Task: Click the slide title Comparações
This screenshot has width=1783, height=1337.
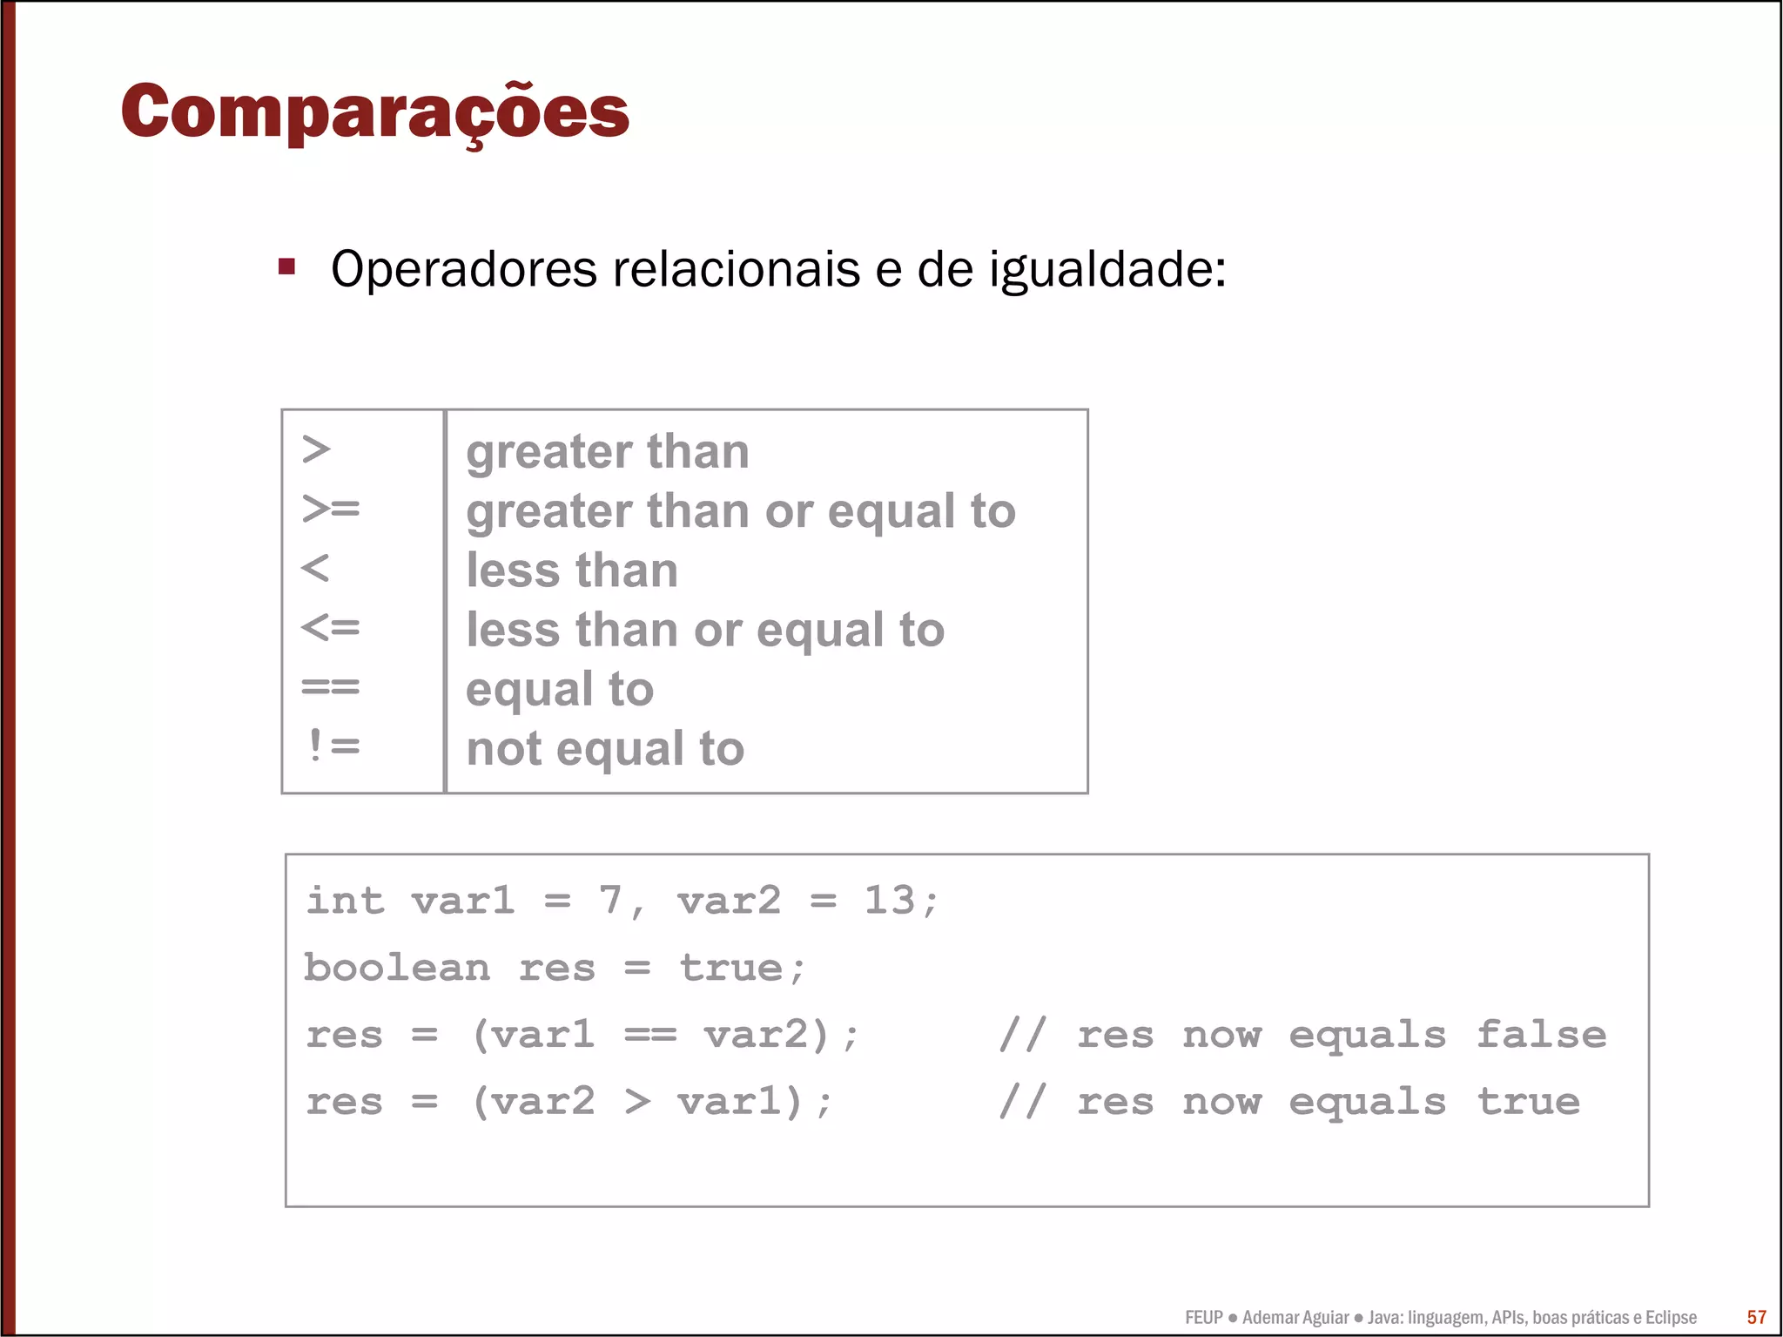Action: point(374,111)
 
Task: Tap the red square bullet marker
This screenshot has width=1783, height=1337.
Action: point(286,267)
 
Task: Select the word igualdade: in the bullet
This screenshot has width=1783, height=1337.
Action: point(1107,270)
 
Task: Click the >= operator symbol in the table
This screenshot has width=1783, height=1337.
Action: point(330,508)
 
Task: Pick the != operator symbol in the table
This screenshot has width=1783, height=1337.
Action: point(333,746)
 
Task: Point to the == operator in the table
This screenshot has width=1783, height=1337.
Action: point(330,686)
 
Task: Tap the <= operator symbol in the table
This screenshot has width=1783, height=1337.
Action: point(330,627)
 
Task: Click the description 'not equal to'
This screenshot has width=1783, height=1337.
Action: point(605,749)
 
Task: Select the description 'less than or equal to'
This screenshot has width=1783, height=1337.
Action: point(705,631)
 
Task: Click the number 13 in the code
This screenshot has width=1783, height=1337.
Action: point(889,900)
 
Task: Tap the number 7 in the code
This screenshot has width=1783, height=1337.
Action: point(609,900)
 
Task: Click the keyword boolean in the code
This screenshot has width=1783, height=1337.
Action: point(397,968)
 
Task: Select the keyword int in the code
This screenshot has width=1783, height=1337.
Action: point(345,900)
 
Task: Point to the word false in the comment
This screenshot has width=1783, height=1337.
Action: point(1541,1035)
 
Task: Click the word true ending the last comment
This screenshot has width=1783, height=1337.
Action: point(1528,1102)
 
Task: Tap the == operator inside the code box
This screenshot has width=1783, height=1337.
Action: point(649,1036)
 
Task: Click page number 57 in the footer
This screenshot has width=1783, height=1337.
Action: point(1757,1317)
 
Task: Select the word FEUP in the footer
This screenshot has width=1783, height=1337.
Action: point(1204,1317)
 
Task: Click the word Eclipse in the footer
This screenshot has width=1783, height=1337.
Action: point(1671,1317)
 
